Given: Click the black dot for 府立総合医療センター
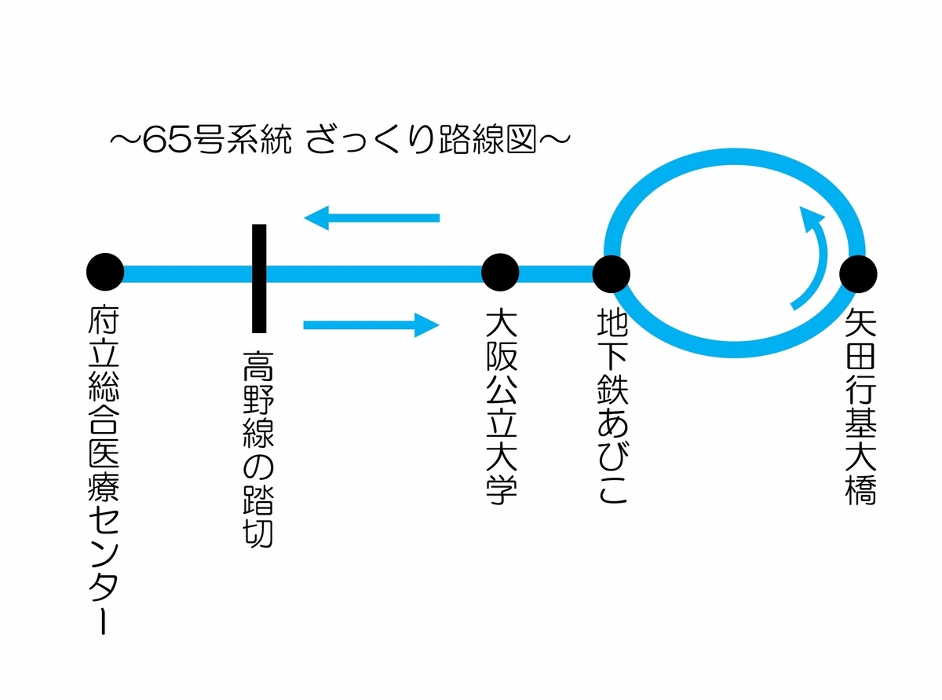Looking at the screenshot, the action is (105, 273).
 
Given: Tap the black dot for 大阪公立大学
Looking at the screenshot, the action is (501, 273).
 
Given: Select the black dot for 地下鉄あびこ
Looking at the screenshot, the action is (611, 273).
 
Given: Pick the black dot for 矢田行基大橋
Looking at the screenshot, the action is (857, 273).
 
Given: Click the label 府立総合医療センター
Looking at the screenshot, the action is (105, 471).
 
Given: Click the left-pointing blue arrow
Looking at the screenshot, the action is (372, 217).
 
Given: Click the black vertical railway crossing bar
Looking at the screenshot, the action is (258, 277).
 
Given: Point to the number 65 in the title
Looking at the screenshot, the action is (162, 142).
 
